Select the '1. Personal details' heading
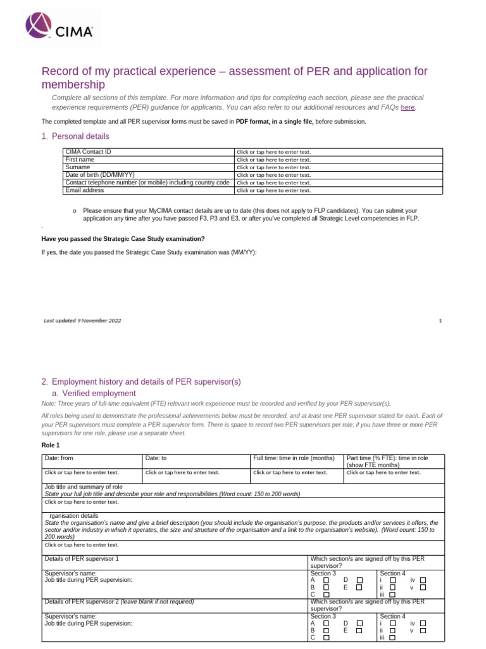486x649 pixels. click(75, 136)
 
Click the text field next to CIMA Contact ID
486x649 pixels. click(273, 152)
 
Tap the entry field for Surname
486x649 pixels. click(273, 167)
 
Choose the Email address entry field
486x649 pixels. click(273, 190)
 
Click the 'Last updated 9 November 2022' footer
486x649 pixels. click(82, 321)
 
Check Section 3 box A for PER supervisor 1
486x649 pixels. click(327, 580)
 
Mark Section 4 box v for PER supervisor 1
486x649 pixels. click(423, 588)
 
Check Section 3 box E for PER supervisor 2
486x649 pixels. click(359, 631)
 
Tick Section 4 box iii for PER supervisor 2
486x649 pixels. click(392, 638)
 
